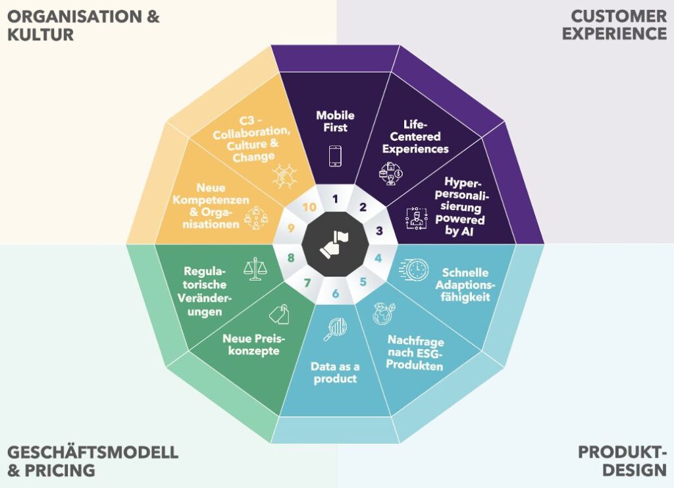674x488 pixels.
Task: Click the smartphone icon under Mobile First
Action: point(335,156)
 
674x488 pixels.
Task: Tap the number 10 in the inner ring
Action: point(309,207)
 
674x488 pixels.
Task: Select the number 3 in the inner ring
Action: point(379,231)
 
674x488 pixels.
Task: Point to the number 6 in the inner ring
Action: point(335,294)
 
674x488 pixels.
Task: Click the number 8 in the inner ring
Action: point(291,258)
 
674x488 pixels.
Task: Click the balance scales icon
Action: point(255,269)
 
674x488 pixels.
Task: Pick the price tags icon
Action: point(279,314)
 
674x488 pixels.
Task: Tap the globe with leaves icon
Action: point(384,313)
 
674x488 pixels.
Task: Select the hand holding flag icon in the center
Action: point(335,244)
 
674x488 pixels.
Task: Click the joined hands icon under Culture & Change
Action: point(284,175)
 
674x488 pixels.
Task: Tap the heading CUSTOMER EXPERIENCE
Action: point(614,24)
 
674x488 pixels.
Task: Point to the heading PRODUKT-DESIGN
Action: point(622,461)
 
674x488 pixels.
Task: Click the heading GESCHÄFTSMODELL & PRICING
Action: point(93,461)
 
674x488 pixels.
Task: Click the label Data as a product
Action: point(335,373)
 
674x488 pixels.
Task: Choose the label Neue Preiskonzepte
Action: point(254,345)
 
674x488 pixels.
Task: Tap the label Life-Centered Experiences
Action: point(415,137)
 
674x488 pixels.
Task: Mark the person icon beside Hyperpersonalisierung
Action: point(416,218)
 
